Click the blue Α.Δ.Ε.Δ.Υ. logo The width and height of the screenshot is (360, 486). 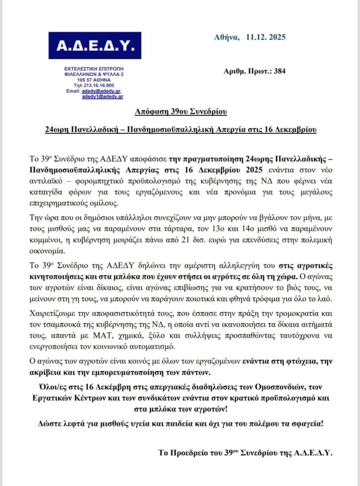(x=95, y=46)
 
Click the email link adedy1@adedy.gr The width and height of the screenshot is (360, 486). (x=102, y=96)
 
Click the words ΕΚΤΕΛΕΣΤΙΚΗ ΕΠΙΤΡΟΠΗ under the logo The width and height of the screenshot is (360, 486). (x=95, y=69)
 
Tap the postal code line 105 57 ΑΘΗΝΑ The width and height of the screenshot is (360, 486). (x=95, y=80)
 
